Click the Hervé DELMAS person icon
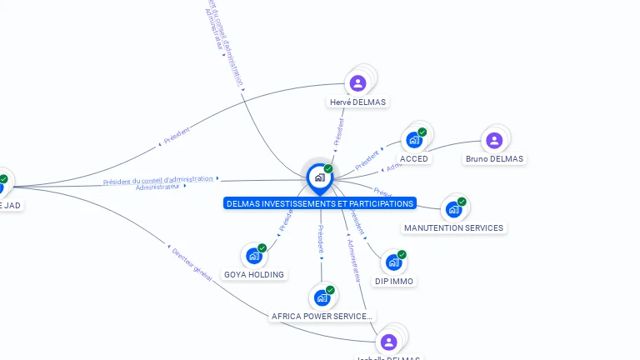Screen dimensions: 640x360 (x=357, y=82)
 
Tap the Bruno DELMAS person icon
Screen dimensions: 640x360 (x=494, y=140)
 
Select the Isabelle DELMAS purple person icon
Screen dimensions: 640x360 (x=388, y=342)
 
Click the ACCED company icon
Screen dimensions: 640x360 (x=414, y=140)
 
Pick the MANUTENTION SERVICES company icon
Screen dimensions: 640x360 (x=453, y=209)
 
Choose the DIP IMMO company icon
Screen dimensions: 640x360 (x=393, y=262)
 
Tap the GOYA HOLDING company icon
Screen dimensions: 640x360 (x=254, y=256)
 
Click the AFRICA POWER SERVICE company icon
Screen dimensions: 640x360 (x=322, y=297)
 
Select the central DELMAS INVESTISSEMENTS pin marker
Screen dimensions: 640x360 (x=319, y=177)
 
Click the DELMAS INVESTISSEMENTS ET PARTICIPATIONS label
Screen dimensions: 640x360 (x=320, y=203)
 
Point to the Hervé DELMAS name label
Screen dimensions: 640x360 (x=358, y=102)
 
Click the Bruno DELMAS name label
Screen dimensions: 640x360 (x=494, y=159)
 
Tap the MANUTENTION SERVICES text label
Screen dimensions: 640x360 (x=453, y=228)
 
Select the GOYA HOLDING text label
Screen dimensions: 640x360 (x=254, y=275)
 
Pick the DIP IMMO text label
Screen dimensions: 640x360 (x=393, y=282)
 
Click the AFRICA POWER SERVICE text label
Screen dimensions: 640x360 (x=322, y=317)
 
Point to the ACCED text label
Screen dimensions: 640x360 (x=414, y=159)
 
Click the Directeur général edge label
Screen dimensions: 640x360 (x=192, y=263)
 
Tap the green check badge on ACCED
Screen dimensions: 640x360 (x=422, y=132)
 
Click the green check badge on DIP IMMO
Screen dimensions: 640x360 (x=402, y=254)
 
